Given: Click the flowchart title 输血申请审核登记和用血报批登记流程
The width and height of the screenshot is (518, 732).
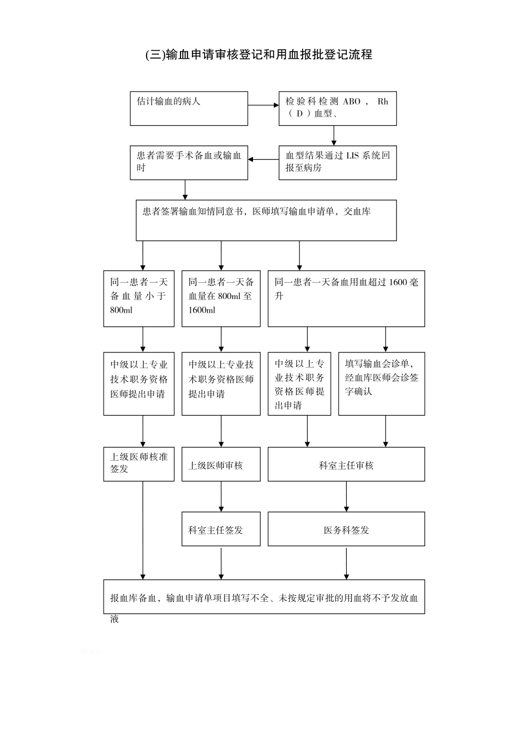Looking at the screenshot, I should [x=258, y=54].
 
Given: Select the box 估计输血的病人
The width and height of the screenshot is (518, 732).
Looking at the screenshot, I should [x=189, y=108].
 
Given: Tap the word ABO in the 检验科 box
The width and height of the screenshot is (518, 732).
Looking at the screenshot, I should [x=351, y=102].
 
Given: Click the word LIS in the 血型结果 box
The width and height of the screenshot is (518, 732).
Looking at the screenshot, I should [x=352, y=156].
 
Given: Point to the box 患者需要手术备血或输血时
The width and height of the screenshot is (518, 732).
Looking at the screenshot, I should [x=189, y=162].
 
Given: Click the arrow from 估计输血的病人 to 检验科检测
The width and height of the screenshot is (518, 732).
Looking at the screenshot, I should [x=263, y=105].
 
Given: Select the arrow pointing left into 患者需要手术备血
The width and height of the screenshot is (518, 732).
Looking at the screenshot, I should [x=263, y=160].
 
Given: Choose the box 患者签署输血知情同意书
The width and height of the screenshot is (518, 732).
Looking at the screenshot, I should [x=266, y=220].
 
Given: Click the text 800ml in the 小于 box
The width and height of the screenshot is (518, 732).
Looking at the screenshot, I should [x=121, y=310].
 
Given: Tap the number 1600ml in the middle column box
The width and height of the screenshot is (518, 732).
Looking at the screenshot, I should [x=202, y=310].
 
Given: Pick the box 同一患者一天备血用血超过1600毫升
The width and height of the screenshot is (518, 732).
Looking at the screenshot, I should [x=346, y=298].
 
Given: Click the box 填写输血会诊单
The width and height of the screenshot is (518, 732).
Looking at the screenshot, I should [x=381, y=383].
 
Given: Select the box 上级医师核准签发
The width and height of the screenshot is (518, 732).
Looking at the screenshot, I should [x=138, y=464].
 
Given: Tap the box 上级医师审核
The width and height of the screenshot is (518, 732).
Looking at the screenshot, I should [x=221, y=465].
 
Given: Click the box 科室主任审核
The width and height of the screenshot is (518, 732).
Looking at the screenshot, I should [x=346, y=465].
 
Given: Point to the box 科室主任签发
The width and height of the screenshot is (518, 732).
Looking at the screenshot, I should [x=221, y=529].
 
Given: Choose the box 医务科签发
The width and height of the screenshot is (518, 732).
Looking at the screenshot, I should [x=346, y=529].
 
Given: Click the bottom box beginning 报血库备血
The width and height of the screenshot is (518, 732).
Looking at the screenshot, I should [x=264, y=597].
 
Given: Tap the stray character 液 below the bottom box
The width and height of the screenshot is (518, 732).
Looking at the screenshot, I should [x=115, y=620].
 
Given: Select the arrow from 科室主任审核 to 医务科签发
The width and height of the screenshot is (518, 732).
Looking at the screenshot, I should [x=346, y=496].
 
